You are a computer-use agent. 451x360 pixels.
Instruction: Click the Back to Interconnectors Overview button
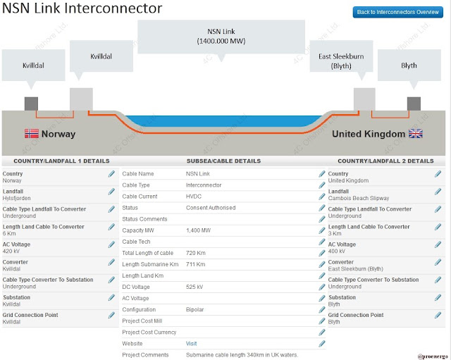(397, 12)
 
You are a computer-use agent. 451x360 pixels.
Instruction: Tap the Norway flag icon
(31, 134)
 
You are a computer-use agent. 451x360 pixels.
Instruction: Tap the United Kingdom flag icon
(416, 133)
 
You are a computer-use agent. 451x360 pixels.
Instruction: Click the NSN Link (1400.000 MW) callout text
(221, 36)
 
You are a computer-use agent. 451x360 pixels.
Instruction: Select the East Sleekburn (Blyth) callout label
(341, 61)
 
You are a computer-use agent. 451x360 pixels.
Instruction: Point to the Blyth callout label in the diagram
(409, 66)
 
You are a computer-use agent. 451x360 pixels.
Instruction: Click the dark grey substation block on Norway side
(31, 104)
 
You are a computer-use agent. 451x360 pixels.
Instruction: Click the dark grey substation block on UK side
(414, 104)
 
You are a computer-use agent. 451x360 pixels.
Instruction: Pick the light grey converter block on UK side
(364, 99)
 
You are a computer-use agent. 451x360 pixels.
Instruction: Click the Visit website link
(191, 344)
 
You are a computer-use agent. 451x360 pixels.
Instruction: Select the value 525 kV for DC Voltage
(194, 287)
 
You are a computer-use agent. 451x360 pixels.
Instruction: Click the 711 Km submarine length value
(196, 264)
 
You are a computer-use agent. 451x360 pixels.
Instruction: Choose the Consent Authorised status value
(211, 208)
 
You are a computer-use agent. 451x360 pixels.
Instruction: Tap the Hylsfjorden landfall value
(16, 198)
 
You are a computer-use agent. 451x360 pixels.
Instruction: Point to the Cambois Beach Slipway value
(359, 198)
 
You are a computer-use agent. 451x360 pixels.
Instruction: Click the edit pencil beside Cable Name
(322, 174)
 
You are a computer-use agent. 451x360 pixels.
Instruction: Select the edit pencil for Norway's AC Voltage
(111, 244)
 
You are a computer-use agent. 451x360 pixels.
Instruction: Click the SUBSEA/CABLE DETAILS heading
(223, 161)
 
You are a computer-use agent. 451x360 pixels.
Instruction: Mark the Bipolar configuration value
(194, 310)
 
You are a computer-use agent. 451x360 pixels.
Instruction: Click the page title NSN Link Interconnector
(82, 8)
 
